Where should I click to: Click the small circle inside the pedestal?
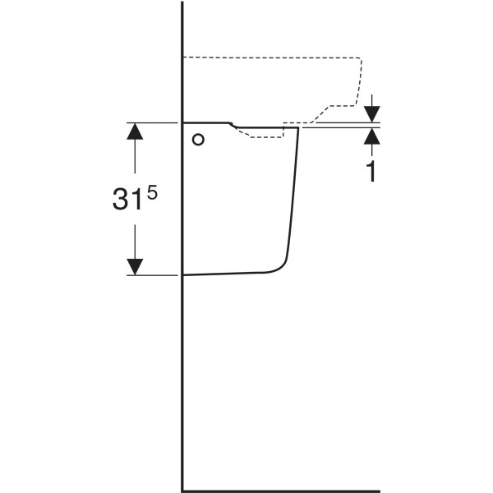198,140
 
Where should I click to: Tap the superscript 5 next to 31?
151,192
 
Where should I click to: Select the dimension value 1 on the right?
372,172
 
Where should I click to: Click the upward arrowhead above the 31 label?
135,131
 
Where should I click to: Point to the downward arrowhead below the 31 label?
135,267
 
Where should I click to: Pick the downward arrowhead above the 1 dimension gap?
372,114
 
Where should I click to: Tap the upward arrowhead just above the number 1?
372,136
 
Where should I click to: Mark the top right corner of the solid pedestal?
298,127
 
